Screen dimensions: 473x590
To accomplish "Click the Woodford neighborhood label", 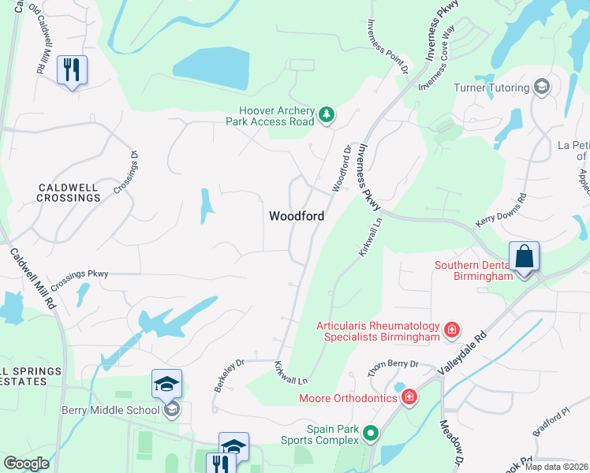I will click(x=297, y=215).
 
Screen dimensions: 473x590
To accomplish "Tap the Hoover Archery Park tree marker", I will click(x=326, y=117).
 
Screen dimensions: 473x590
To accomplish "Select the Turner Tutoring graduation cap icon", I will click(x=542, y=86).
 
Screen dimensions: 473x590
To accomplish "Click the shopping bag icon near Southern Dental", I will click(x=525, y=257).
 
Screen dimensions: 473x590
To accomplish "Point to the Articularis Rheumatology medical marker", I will click(x=452, y=329).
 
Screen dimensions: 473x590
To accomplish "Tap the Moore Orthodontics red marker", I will click(x=409, y=397).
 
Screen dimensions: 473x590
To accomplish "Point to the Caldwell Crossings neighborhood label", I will click(x=69, y=192).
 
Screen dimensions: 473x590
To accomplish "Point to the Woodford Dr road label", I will click(x=342, y=166).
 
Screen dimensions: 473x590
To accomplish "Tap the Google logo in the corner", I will click(x=27, y=464).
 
